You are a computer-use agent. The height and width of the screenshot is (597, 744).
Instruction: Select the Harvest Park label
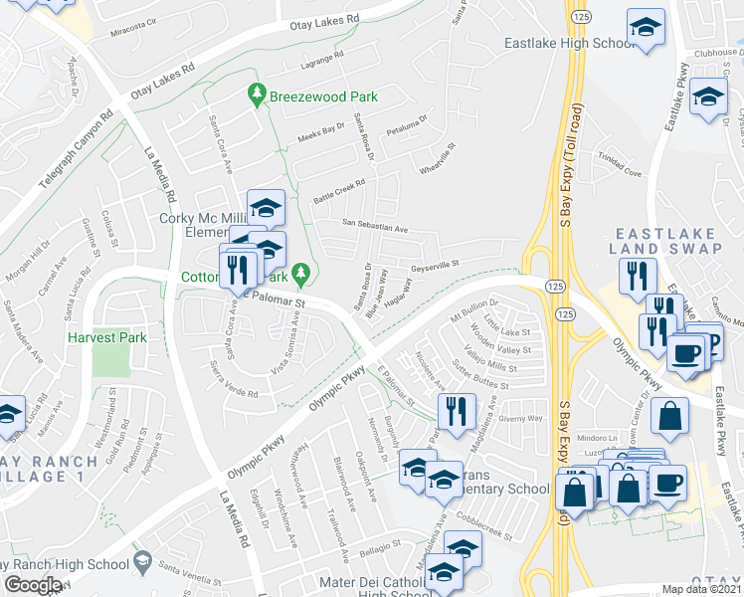[x=107, y=337]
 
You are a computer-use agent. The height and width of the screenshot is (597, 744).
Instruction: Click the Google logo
[x=33, y=585]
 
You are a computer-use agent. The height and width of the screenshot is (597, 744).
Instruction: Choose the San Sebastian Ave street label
[x=376, y=227]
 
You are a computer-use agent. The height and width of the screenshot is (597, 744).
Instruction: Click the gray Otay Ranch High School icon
[x=142, y=564]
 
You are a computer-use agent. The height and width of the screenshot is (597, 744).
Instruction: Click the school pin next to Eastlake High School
[x=646, y=30]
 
